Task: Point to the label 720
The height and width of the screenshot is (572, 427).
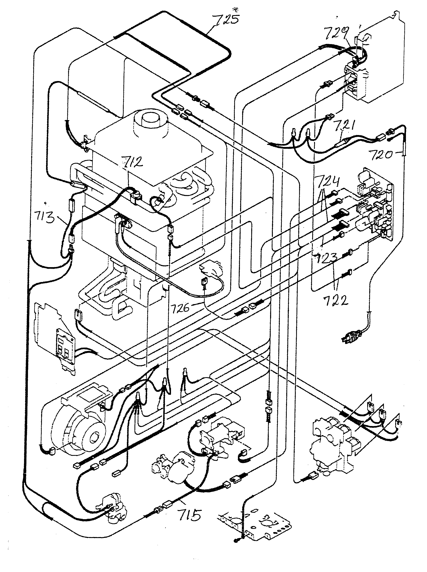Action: pos(381,155)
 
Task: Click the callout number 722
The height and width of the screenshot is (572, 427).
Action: pos(335,301)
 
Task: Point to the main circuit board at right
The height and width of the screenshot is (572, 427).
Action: pos(375,207)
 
